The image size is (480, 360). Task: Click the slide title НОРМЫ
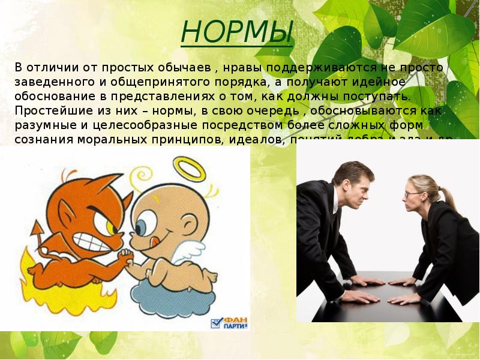point(237,31)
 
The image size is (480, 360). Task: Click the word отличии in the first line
point(52,67)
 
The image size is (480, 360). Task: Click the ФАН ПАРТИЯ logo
point(230,323)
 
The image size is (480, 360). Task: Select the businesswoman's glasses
point(412,194)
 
